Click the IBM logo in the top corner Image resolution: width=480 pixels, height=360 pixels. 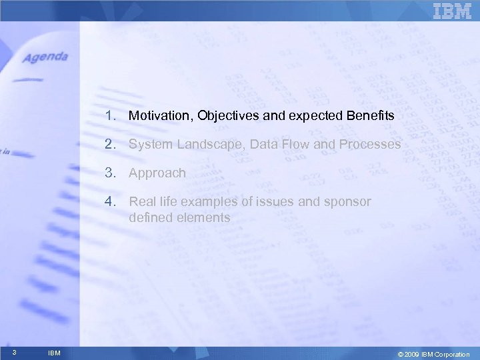(452, 11)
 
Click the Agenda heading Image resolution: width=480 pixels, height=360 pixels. (45, 57)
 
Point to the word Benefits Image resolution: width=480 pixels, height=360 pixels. (370, 116)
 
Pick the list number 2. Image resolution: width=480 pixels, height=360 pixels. (109, 144)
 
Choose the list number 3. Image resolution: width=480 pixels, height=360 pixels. (109, 173)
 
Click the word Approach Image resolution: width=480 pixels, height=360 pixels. (157, 173)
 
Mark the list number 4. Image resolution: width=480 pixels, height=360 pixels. (109, 201)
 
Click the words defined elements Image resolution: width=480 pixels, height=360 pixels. (179, 217)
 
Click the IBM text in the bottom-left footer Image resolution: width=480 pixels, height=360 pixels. (54, 353)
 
